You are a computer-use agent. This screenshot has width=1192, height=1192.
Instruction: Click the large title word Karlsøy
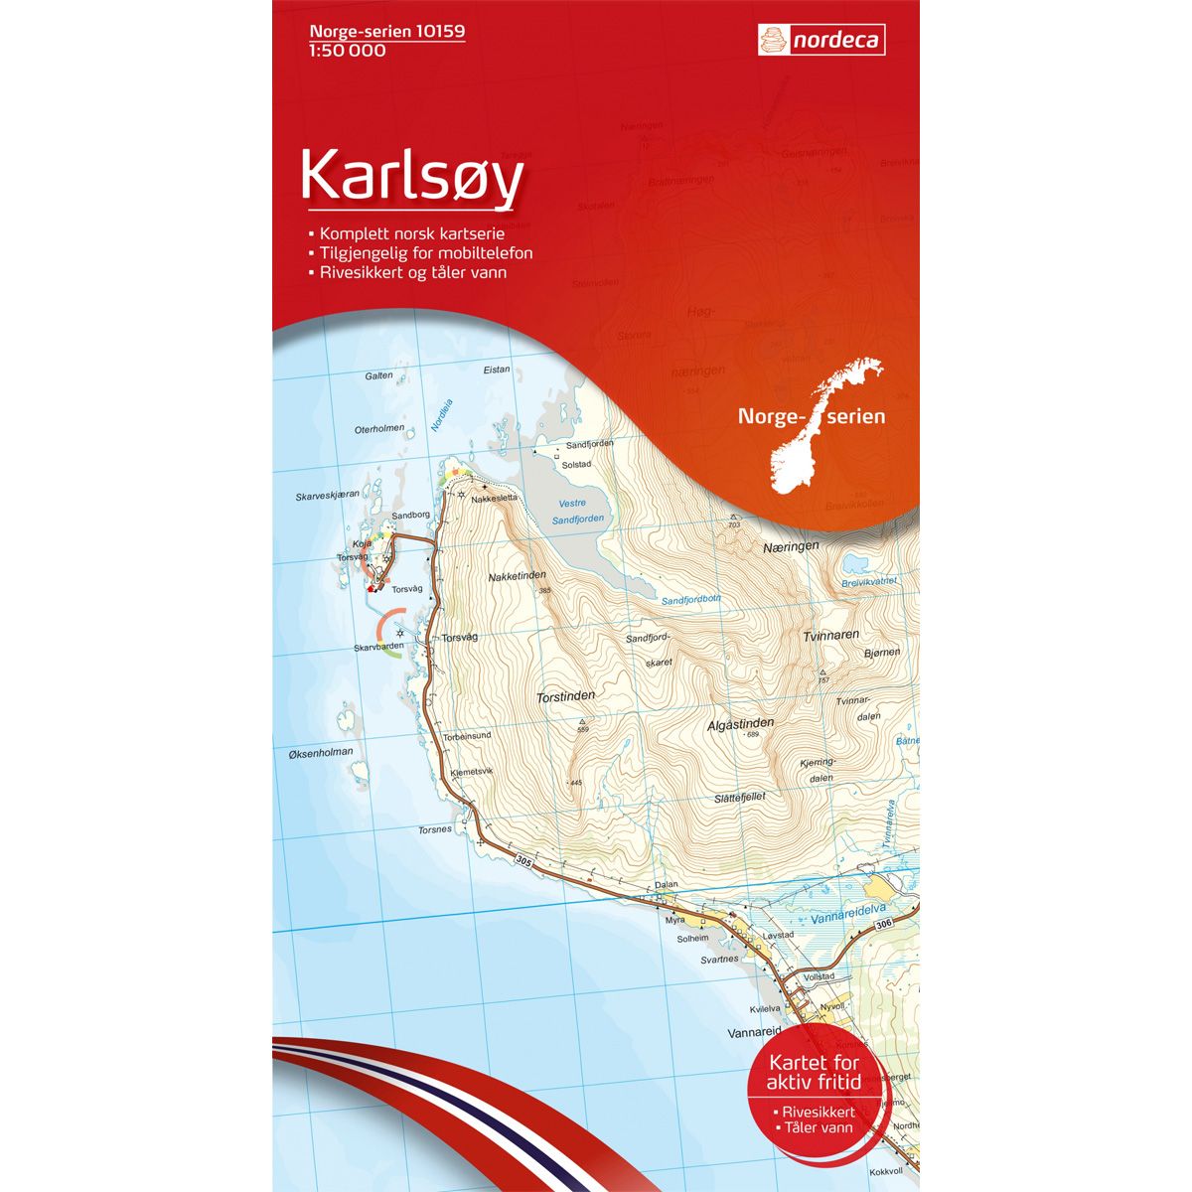click(x=411, y=178)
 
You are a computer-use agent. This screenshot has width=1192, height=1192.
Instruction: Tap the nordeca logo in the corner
click(x=820, y=41)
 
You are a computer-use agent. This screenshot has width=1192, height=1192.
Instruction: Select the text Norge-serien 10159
click(x=382, y=32)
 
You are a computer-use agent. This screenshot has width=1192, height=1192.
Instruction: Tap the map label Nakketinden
click(x=518, y=576)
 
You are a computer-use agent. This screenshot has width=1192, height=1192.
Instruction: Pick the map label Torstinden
click(x=564, y=697)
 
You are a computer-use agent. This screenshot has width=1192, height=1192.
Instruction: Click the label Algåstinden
click(x=741, y=723)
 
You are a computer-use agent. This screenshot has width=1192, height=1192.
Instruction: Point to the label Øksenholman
click(x=320, y=753)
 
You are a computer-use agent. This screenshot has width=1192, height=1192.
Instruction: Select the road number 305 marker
click(x=524, y=864)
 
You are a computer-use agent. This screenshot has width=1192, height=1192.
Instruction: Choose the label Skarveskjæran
click(x=327, y=495)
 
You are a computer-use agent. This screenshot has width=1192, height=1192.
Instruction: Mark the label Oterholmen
click(x=379, y=429)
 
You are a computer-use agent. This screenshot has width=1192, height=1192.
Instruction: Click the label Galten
click(x=378, y=376)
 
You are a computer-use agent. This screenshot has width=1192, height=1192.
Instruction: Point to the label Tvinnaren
click(x=831, y=635)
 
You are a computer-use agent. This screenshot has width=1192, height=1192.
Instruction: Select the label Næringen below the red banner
click(x=791, y=546)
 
